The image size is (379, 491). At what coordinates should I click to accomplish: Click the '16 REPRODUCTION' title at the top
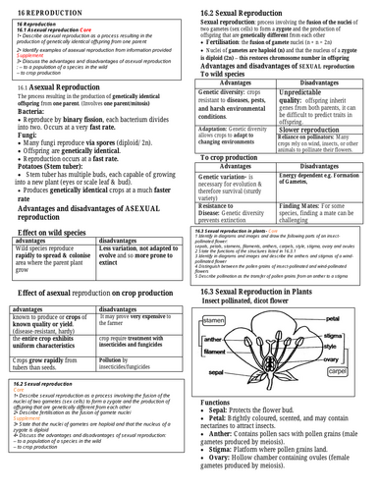click(x=39, y=7)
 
